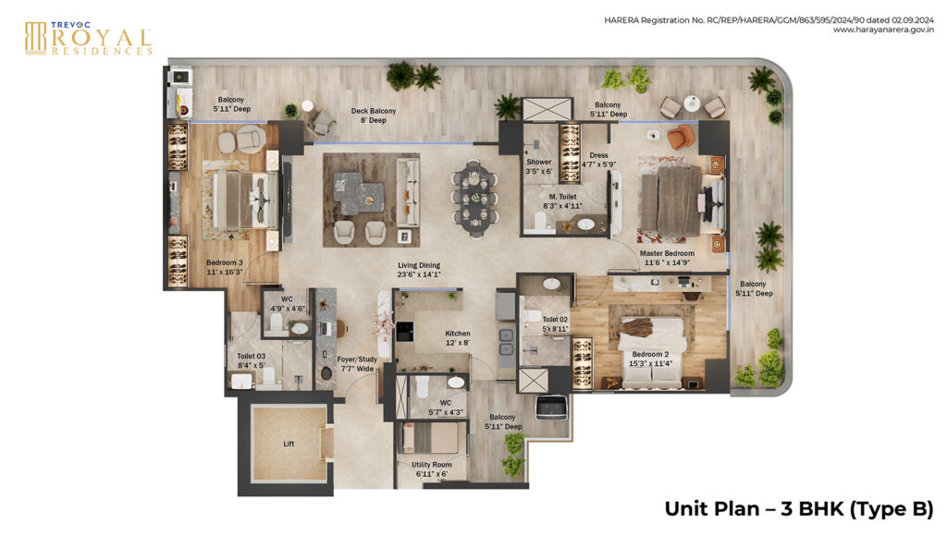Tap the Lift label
[x=288, y=444]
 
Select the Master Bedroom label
[x=668, y=258]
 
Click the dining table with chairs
[x=474, y=195]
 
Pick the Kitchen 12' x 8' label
[x=457, y=338]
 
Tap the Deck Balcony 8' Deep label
[x=373, y=116]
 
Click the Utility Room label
[x=431, y=468]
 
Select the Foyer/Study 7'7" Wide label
[x=355, y=364]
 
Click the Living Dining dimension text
[x=419, y=274]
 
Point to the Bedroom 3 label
[x=224, y=267]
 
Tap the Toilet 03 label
[x=252, y=359]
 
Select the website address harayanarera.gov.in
[x=882, y=30]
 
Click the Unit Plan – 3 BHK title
[x=798, y=508]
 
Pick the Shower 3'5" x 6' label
[x=539, y=166]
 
